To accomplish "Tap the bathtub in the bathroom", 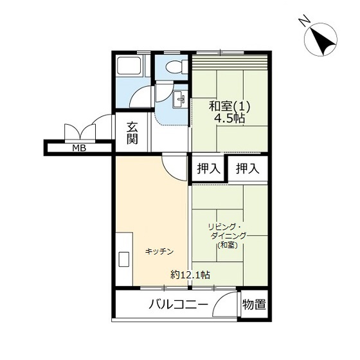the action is tap(129, 66).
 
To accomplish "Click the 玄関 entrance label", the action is tap(132, 133).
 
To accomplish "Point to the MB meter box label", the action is tap(79, 148).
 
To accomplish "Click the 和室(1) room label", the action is tap(230, 107).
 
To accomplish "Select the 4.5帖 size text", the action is tap(230, 118).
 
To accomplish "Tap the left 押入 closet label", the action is tap(209, 168).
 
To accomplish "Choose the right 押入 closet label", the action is tap(248, 168).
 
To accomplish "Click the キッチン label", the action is tap(159, 251).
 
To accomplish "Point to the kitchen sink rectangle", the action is tap(123, 259).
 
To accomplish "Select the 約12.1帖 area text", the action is tap(190, 274).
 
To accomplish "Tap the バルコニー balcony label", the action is tap(179, 305).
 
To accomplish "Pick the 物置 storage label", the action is tap(254, 305).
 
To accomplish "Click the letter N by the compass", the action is tap(305, 20).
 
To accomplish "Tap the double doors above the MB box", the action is tap(80, 132).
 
